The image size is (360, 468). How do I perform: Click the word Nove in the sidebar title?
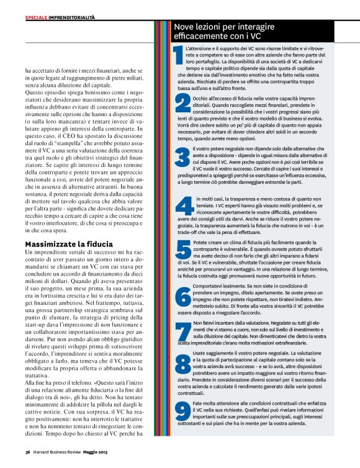tap(184, 27)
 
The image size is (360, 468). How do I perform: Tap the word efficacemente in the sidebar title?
tap(201, 37)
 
